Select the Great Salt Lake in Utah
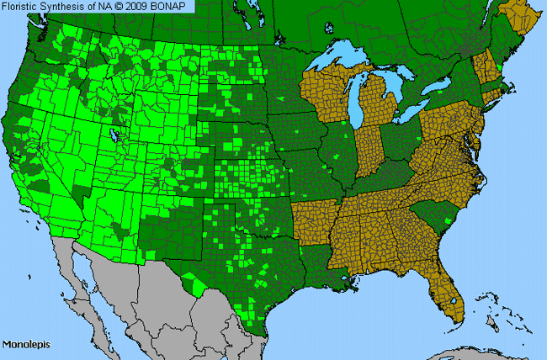[x=112, y=134]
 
